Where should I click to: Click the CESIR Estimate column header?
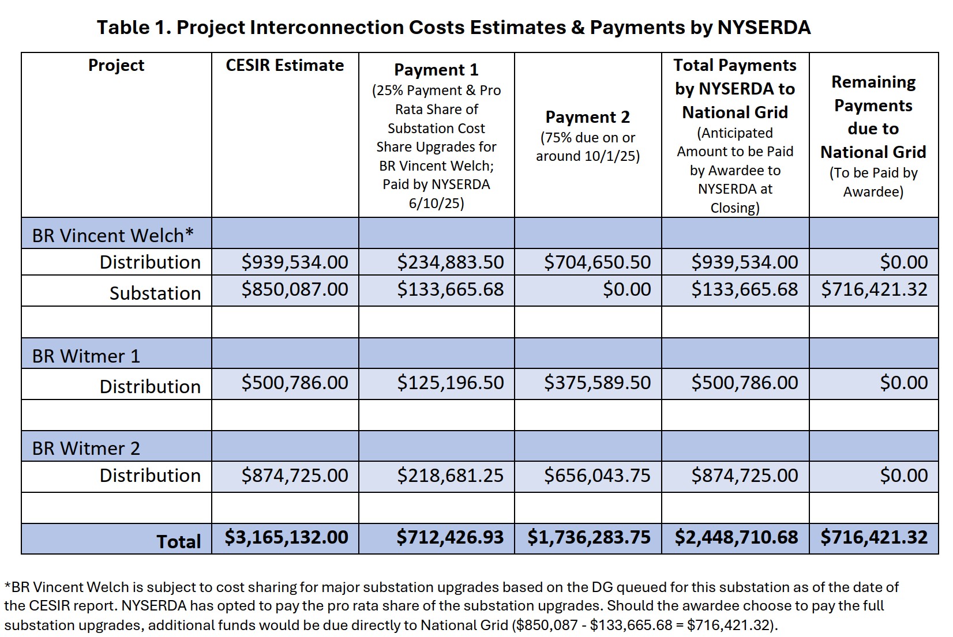tap(284, 65)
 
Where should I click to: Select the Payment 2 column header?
tap(587, 117)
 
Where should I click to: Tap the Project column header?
tap(116, 65)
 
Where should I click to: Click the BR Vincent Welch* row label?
tap(112, 235)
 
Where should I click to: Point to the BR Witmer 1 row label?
tap(86, 356)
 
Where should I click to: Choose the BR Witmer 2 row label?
tap(86, 448)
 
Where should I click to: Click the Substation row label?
tap(155, 293)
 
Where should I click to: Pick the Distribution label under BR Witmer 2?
tap(150, 475)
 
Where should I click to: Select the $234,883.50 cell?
tap(450, 262)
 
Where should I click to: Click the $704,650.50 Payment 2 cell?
tap(597, 262)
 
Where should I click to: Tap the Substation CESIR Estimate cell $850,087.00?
tap(295, 289)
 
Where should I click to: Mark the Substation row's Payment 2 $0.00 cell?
tap(626, 289)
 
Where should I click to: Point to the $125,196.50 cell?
tap(450, 382)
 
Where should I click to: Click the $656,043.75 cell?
tap(597, 475)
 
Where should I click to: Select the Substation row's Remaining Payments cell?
tap(874, 289)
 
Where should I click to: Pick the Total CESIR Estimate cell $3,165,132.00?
tap(286, 537)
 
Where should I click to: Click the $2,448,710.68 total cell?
tap(736, 537)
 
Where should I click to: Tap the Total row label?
tap(179, 541)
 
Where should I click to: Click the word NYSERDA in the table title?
tap(764, 27)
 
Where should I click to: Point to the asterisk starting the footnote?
tap(7, 586)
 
